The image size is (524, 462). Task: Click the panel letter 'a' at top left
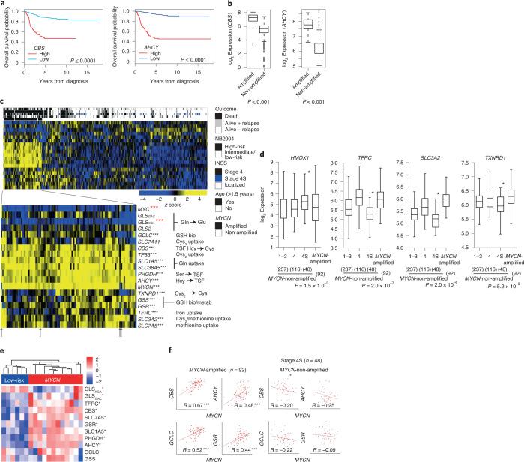tap(4, 4)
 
